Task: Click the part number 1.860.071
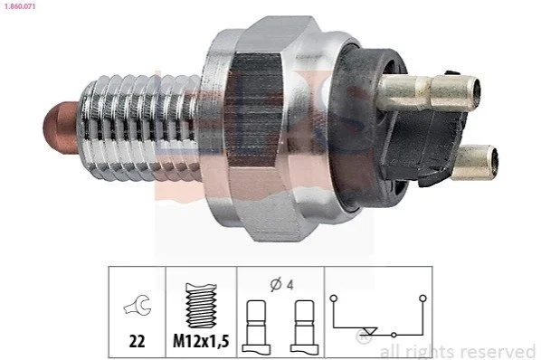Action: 18,5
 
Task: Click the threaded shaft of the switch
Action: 139,128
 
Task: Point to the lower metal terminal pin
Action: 475,163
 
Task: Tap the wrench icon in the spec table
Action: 138,304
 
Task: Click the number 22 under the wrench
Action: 137,341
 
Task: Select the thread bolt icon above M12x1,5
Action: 202,306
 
